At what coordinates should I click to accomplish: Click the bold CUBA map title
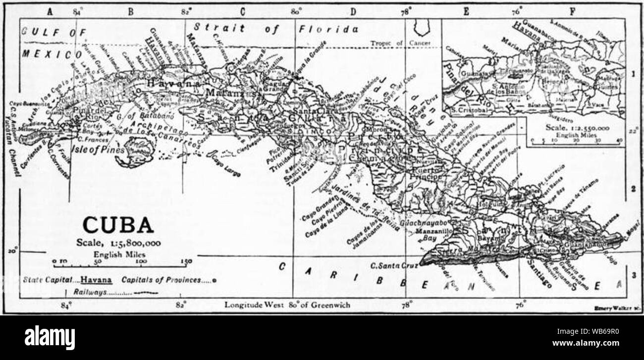click(118, 225)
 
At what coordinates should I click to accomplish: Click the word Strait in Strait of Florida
click(219, 28)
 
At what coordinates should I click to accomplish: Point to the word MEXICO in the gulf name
click(52, 53)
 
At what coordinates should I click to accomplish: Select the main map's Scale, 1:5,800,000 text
click(118, 243)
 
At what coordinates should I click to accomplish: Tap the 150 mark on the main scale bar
click(186, 261)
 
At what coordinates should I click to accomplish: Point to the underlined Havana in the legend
click(97, 280)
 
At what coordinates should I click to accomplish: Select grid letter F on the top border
click(572, 12)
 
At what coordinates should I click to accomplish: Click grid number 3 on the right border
click(634, 274)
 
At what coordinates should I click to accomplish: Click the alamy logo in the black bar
click(50, 338)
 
